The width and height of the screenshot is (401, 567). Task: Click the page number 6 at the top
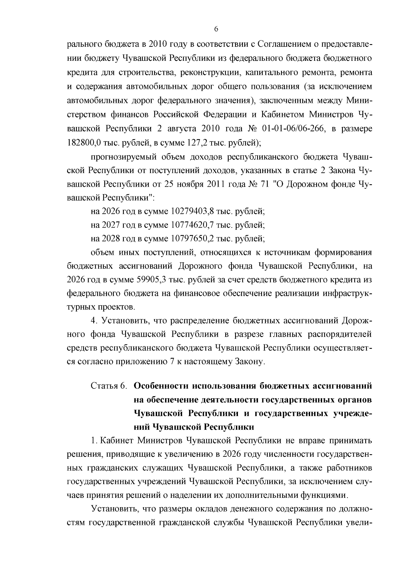pos(216,29)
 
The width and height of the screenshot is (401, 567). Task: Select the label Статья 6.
pos(109,386)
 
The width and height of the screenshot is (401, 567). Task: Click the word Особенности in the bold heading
pos(161,386)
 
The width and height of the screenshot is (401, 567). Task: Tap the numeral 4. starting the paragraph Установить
pos(94,320)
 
